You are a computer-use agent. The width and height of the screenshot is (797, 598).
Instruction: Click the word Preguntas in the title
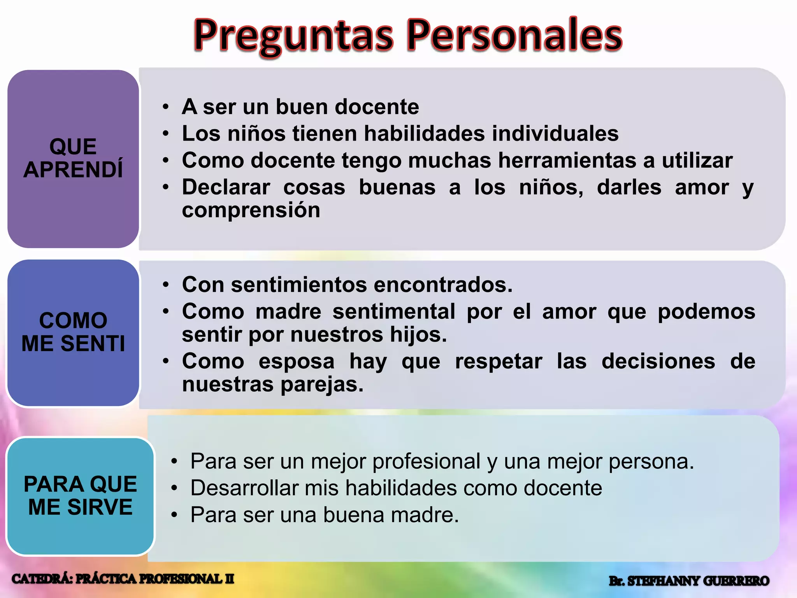294,36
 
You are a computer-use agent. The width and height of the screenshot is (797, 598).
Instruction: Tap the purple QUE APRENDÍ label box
73,158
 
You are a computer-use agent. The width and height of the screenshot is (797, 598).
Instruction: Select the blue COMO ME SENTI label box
73,332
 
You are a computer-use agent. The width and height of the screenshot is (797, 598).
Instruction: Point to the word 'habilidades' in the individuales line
425,134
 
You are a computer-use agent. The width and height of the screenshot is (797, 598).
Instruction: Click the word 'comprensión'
251,210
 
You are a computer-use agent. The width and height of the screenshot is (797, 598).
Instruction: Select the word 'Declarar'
226,187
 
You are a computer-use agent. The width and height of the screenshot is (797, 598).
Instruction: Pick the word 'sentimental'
394,311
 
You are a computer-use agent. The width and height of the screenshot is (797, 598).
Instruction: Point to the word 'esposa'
297,361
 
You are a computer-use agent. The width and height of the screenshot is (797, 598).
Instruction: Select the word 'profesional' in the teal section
426,461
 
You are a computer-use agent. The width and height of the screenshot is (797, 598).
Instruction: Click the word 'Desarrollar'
244,488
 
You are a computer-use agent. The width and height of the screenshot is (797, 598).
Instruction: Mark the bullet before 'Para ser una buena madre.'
174,515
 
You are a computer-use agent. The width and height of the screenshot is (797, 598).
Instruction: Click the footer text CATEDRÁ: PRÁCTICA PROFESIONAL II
123,579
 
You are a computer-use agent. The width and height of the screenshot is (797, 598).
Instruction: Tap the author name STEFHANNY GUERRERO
698,581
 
